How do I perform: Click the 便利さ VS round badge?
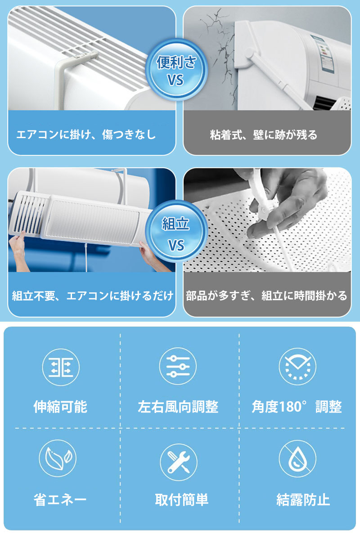tap(176, 70)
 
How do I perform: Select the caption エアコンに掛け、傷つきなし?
tap(86, 134)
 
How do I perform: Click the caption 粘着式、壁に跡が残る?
tap(264, 134)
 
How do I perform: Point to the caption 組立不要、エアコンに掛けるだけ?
tap(92, 296)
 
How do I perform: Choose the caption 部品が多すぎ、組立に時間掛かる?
tap(267, 296)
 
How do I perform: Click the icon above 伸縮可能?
tap(61, 367)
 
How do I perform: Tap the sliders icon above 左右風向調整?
tap(178, 366)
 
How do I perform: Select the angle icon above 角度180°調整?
tap(297, 367)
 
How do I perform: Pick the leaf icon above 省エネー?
tap(58, 458)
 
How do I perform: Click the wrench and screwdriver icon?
tap(179, 462)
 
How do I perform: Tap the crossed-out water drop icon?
tap(297, 459)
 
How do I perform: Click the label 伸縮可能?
tap(60, 407)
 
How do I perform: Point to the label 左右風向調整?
tap(178, 407)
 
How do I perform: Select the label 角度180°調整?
tap(297, 407)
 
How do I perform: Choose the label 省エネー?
tap(60, 500)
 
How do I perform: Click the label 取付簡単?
tap(181, 500)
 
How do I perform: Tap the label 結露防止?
tap(303, 500)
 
